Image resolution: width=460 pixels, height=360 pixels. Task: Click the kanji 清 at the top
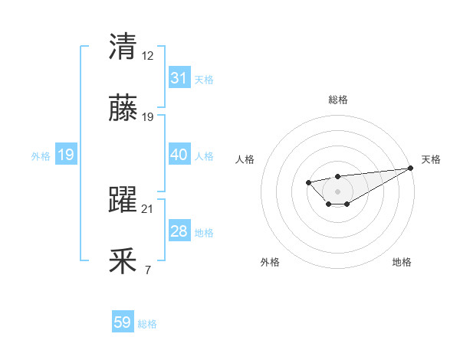pyautogui.click(x=123, y=47)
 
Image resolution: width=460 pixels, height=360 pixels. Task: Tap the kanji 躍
pyautogui.click(x=123, y=200)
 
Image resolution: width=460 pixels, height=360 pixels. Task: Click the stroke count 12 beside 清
pyautogui.click(x=148, y=56)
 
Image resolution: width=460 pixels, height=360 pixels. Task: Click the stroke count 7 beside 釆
pyautogui.click(x=148, y=270)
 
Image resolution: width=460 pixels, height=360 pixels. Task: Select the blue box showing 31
pyautogui.click(x=179, y=78)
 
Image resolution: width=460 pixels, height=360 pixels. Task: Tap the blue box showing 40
pyautogui.click(x=179, y=155)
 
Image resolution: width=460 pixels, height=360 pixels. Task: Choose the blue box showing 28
pyautogui.click(x=179, y=231)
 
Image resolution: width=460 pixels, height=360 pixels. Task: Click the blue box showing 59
pyautogui.click(x=123, y=322)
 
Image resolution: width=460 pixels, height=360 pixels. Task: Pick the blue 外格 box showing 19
pyautogui.click(x=66, y=155)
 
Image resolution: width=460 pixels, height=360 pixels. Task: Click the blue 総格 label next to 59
pyautogui.click(x=147, y=324)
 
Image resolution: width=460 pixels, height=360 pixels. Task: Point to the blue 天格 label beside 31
pyautogui.click(x=204, y=79)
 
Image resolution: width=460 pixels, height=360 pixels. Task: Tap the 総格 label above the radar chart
pyautogui.click(x=337, y=100)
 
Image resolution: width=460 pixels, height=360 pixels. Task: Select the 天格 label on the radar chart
pyautogui.click(x=431, y=159)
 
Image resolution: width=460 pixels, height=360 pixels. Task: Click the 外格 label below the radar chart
pyautogui.click(x=270, y=262)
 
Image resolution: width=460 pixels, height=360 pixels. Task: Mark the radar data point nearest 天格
pyautogui.click(x=412, y=168)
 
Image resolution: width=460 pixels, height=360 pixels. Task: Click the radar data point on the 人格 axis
pyautogui.click(x=308, y=182)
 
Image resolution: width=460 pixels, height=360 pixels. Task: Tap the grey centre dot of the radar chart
pyautogui.click(x=337, y=191)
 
